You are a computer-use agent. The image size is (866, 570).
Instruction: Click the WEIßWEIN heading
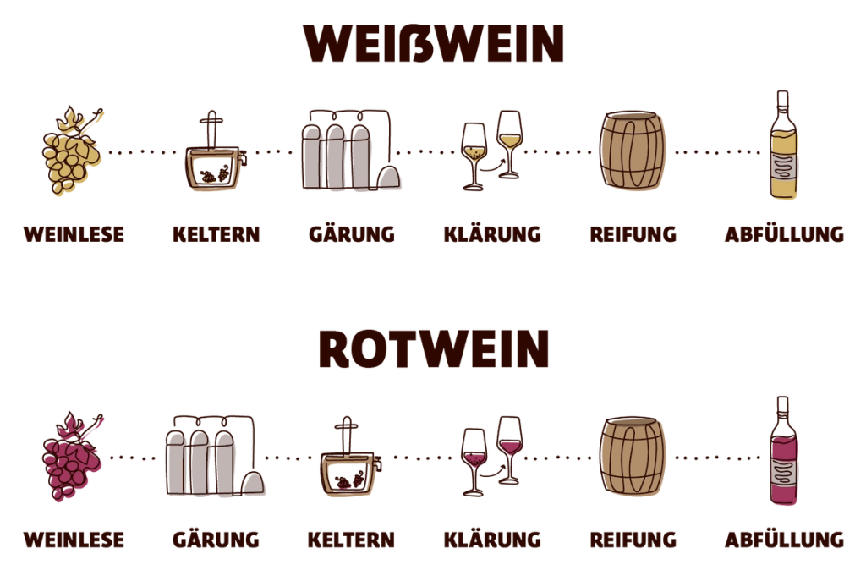433,44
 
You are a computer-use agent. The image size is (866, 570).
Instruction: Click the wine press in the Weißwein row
215,161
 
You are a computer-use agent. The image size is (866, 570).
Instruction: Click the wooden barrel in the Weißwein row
634,151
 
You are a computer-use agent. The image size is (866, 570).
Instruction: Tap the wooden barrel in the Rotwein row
634,456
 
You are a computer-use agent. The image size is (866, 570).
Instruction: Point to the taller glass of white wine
510,140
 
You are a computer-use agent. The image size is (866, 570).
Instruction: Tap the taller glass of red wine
510,444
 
